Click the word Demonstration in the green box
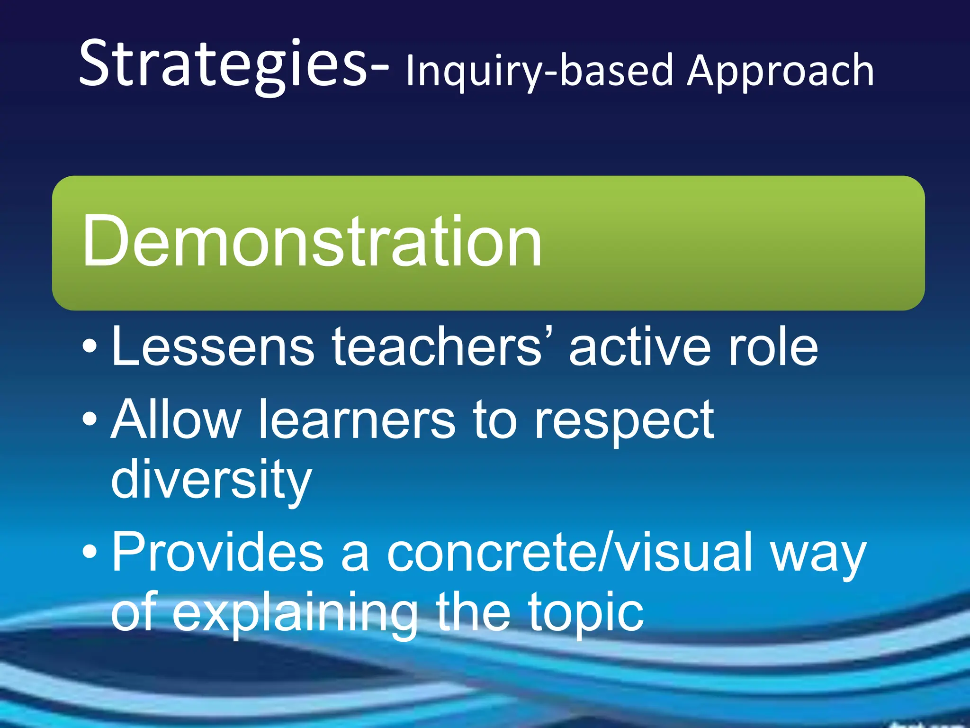point(312,242)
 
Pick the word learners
point(358,419)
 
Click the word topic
point(586,614)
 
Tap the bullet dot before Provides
point(90,551)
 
